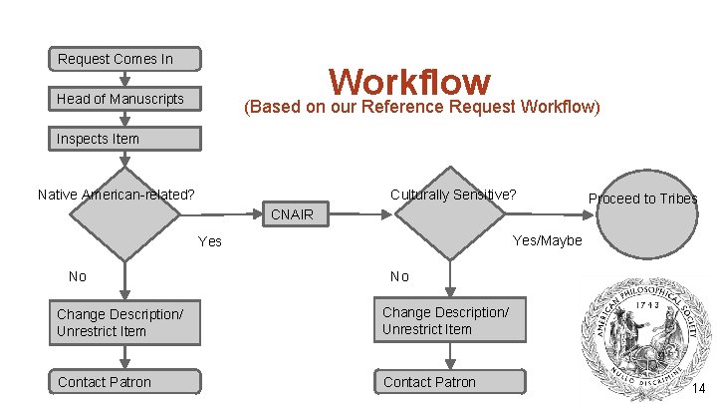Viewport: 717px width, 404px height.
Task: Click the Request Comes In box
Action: (124, 59)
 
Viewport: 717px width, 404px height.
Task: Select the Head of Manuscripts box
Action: (124, 99)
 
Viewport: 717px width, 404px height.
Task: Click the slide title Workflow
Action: (409, 81)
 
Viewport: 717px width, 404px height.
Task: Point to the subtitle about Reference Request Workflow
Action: (422, 106)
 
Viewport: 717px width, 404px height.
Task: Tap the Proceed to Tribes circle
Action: (641, 217)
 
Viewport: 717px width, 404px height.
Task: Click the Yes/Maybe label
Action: (547, 240)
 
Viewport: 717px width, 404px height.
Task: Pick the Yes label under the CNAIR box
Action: (210, 241)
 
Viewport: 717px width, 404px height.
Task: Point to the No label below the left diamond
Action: (77, 276)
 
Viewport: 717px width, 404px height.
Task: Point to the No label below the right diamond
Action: (399, 276)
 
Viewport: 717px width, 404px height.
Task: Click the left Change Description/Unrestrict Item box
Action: (124, 322)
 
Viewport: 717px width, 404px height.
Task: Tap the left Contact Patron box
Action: (124, 382)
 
